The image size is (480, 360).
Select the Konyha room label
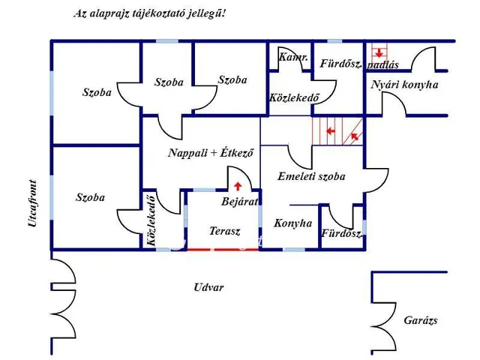click(292, 223)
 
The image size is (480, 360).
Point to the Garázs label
click(420, 320)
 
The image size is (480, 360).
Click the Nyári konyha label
click(404, 85)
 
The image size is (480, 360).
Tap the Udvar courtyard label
click(208, 287)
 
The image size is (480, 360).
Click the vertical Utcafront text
click(33, 203)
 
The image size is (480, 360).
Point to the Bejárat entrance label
click(240, 202)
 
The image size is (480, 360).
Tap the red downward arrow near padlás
click(380, 52)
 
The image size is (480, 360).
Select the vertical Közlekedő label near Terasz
click(151, 220)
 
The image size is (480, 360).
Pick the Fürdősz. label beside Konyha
click(341, 234)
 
